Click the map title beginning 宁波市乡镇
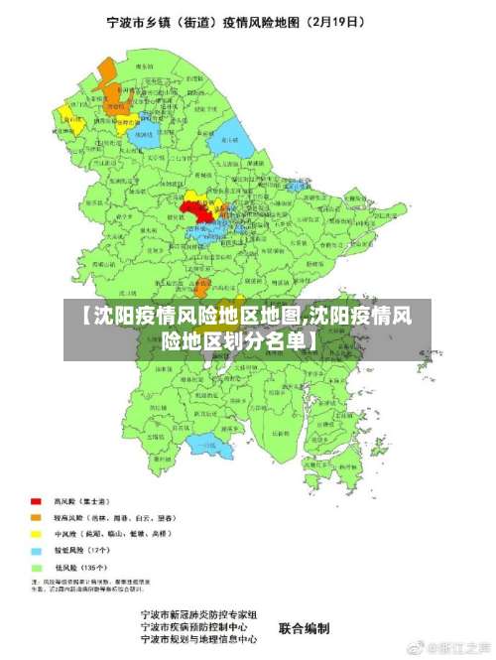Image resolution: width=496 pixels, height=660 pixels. [248, 19]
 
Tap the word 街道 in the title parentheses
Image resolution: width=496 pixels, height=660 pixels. [215, 19]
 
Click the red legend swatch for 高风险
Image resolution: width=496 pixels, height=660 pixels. [37, 501]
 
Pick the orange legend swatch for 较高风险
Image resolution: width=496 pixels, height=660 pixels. [37, 517]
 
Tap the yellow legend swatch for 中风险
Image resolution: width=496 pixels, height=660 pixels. [37, 534]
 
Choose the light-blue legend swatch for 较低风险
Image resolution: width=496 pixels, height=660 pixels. [37, 550]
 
